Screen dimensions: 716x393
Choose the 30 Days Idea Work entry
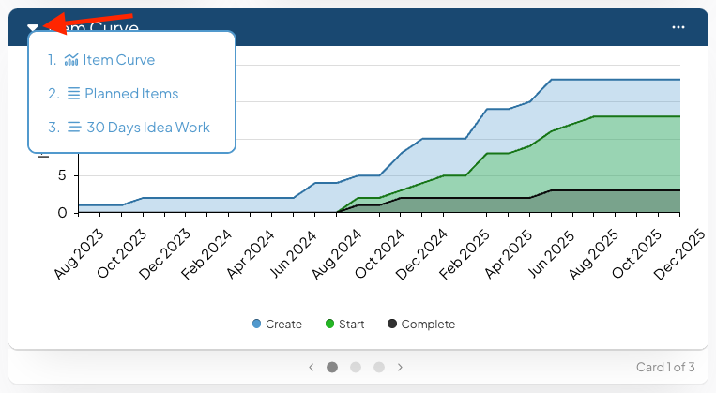tap(129, 128)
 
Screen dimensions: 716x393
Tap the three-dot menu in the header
tap(678, 27)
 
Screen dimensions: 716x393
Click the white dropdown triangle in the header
tap(33, 28)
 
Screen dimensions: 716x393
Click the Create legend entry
tap(277, 325)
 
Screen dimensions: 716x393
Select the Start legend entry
tap(344, 325)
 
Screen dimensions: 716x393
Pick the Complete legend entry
tap(421, 325)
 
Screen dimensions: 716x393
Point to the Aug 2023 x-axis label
tap(79, 254)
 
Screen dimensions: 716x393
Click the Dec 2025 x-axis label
tap(679, 254)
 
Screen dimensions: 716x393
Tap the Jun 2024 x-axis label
tap(293, 254)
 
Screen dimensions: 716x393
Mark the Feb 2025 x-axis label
tap(465, 254)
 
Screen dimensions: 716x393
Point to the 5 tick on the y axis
tap(62, 175)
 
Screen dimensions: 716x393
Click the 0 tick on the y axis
tap(62, 213)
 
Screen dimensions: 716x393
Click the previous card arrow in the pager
tap(311, 367)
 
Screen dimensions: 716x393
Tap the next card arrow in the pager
tap(400, 367)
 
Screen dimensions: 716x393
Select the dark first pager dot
tap(332, 367)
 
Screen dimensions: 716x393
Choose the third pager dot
tap(379, 367)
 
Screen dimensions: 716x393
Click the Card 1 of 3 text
tap(665, 367)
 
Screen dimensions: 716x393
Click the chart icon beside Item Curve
tap(71, 60)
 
